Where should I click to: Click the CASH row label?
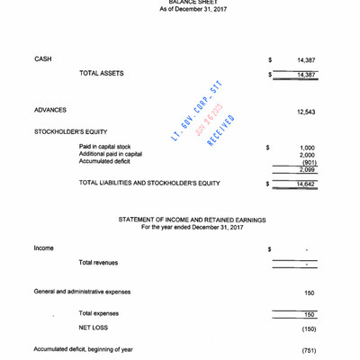point(42,59)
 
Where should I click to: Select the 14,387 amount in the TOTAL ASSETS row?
point(306,75)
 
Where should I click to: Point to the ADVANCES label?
point(50,111)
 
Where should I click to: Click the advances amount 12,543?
point(305,112)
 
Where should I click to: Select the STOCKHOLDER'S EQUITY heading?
point(71,132)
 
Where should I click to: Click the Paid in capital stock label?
point(104,147)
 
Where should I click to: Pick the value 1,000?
point(307,148)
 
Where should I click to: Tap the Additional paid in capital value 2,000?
point(307,155)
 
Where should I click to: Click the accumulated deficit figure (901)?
point(308,162)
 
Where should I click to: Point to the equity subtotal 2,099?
point(307,170)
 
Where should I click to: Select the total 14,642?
point(306,184)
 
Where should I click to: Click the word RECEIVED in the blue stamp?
point(221,130)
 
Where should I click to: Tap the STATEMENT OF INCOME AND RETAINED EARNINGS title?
point(193,220)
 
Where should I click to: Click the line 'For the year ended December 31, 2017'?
point(193,228)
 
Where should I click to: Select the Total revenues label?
point(98,263)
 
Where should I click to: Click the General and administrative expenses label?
point(82,292)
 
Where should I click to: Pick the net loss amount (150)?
point(309,329)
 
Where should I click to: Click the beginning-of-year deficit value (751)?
point(309,350)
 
